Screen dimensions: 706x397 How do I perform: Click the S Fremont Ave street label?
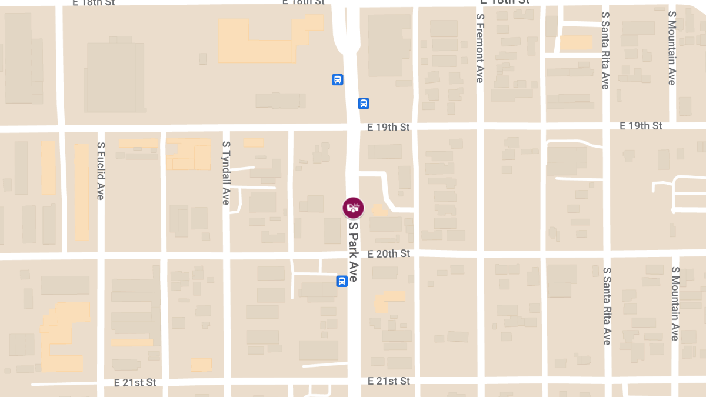pos(480,48)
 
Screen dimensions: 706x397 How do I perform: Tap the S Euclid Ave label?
pos(101,171)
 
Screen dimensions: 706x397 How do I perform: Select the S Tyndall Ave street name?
pos(226,173)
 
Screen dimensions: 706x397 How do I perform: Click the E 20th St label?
pos(388,253)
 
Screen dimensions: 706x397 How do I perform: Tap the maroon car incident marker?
pos(353,208)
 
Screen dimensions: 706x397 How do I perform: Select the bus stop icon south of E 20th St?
pos(341,281)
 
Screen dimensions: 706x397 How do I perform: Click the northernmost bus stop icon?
pos(337,79)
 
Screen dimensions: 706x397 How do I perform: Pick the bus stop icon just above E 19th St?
pos(364,104)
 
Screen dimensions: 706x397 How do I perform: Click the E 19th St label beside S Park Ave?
pos(388,126)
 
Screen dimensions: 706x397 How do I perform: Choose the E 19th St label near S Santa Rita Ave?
pos(641,126)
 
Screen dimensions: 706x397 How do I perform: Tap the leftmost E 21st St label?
pos(135,383)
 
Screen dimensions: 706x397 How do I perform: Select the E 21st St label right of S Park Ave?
pos(388,381)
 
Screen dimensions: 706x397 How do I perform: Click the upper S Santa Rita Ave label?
pos(605,50)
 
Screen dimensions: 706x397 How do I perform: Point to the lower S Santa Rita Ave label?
pos(607,306)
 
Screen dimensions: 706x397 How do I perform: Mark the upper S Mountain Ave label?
pos(672,47)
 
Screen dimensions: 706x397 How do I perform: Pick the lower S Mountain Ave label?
pos(675,303)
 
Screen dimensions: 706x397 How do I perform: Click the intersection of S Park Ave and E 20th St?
pos(353,253)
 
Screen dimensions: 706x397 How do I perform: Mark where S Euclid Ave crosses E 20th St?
pos(101,256)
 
